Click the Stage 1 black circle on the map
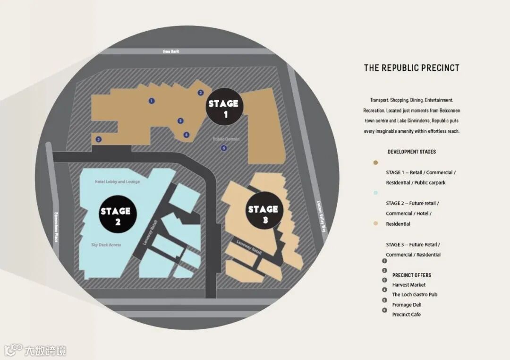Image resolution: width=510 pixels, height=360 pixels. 225,108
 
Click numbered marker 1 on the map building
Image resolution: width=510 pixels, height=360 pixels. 151,101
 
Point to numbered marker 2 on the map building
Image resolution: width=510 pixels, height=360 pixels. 201,93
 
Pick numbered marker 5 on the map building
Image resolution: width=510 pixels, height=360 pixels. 98,139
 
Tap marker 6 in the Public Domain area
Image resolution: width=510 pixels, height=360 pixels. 224,148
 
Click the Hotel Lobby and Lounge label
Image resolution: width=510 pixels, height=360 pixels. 117,182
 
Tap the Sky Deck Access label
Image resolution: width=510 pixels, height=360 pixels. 106,245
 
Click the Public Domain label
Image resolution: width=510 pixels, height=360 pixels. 226,139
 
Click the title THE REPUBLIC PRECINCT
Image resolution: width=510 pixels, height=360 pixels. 411,68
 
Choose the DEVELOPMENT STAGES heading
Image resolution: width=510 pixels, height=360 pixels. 412,152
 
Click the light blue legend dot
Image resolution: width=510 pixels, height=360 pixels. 375,193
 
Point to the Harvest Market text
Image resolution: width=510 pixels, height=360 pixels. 408,285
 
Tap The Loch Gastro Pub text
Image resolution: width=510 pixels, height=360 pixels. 415,295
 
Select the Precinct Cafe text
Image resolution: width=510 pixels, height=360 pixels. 406,315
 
